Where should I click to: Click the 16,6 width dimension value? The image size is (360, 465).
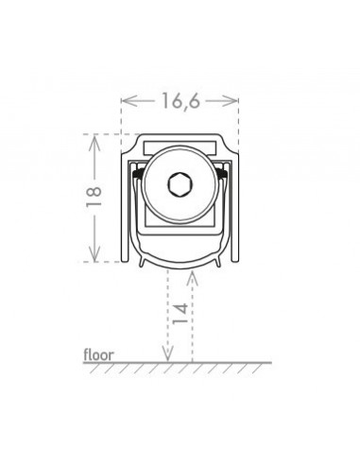pos(180,101)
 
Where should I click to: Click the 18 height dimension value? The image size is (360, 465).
pos(94,197)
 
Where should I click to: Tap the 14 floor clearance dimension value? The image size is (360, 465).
pos(180,314)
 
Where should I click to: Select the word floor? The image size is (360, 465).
pos(98,354)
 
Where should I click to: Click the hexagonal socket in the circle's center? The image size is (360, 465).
pos(180,184)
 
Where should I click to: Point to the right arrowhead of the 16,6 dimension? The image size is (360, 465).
pos(231,101)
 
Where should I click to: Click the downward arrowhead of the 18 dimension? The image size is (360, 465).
pos(94,254)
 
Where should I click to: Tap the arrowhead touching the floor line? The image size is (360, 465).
pos(168,353)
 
